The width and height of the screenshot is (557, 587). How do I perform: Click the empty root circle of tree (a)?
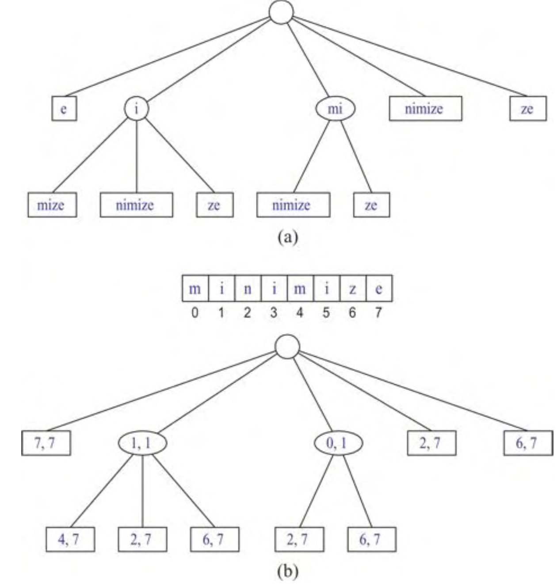(281, 12)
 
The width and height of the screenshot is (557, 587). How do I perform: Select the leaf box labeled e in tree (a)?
(64, 109)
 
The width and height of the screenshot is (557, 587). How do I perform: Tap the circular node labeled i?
(136, 109)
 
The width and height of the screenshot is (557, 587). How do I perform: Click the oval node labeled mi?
(336, 109)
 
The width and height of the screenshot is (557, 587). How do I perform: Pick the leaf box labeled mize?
(52, 205)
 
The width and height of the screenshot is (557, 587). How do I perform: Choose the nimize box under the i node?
(136, 205)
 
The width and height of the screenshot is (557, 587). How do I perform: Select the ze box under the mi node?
(372, 205)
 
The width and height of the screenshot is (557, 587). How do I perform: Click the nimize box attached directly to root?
(425, 109)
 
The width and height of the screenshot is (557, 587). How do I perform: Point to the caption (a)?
(288, 237)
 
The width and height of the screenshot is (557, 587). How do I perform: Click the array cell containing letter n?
(248, 289)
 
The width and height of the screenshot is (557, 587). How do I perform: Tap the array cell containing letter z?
(353, 289)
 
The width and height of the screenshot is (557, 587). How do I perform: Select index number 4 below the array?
(300, 313)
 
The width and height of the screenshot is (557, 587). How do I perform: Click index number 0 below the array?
(195, 313)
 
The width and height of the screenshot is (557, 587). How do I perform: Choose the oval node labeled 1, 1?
(142, 443)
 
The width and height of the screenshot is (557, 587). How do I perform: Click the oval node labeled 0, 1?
(338, 443)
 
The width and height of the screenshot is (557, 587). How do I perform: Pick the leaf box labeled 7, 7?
(46, 443)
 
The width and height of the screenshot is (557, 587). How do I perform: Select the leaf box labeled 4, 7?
(70, 539)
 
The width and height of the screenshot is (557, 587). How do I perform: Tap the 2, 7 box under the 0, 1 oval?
(299, 539)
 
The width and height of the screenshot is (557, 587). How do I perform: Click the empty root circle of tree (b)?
(287, 347)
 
